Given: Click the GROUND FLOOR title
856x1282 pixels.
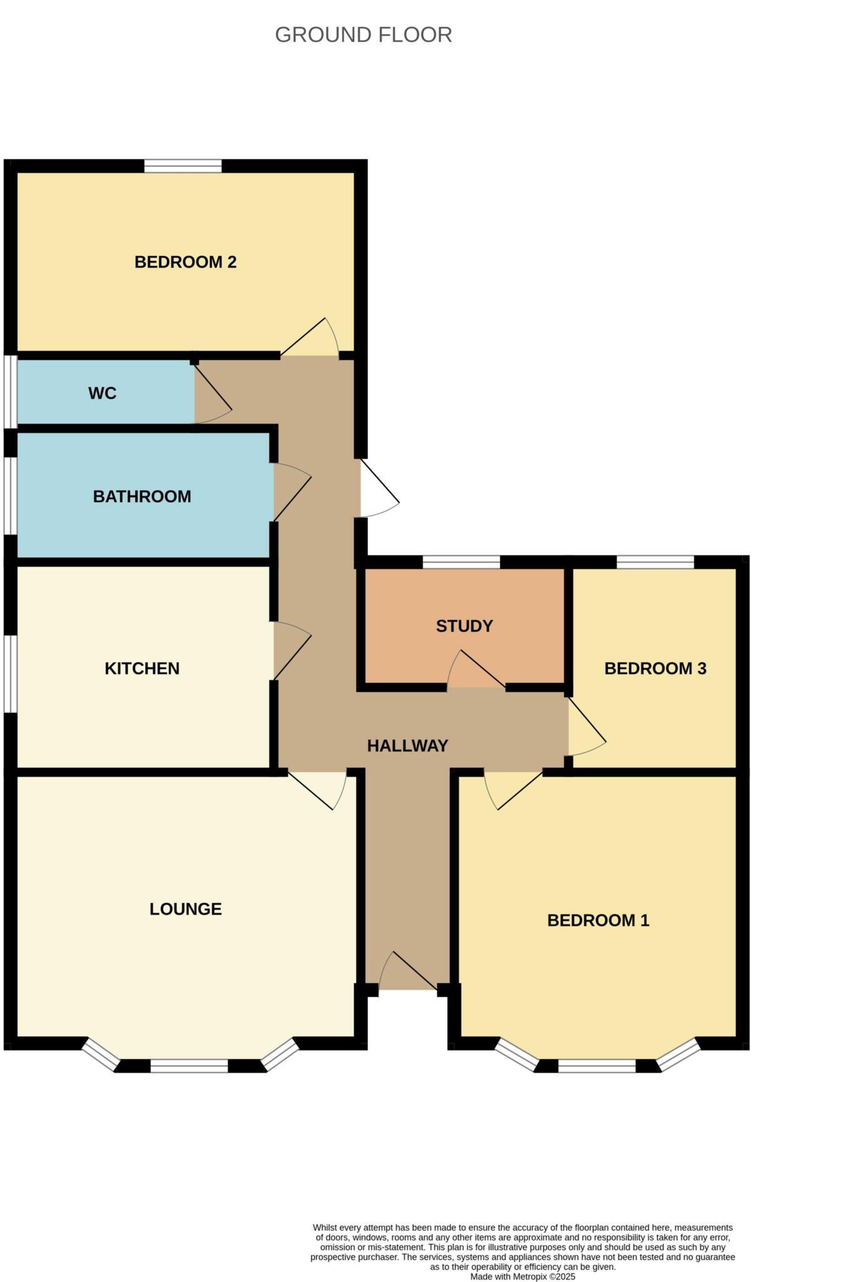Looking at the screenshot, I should pyautogui.click(x=363, y=35).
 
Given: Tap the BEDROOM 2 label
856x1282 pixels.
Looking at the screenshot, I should pyautogui.click(x=185, y=262).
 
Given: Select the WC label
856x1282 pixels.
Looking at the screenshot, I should pyautogui.click(x=103, y=393).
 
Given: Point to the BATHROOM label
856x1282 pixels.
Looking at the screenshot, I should pyautogui.click(x=142, y=496).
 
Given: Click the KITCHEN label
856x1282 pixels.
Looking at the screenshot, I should pyautogui.click(x=142, y=669).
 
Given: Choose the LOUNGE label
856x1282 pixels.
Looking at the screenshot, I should pyautogui.click(x=185, y=909).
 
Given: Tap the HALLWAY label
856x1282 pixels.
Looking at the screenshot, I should pyautogui.click(x=407, y=746).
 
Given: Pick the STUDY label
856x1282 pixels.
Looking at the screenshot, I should pyautogui.click(x=464, y=626).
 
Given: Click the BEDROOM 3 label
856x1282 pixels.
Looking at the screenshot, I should pyautogui.click(x=655, y=669).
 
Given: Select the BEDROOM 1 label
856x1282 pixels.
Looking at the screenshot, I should pyautogui.click(x=598, y=920).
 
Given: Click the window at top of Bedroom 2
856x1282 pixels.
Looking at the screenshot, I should pyautogui.click(x=183, y=166).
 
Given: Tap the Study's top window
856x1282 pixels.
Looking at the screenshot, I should pyautogui.click(x=462, y=562).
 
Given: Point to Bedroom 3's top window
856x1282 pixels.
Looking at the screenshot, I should pyautogui.click(x=655, y=562).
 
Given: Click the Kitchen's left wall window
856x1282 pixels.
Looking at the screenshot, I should pyautogui.click(x=11, y=675).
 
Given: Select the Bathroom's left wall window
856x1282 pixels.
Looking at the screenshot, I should pyautogui.click(x=11, y=496).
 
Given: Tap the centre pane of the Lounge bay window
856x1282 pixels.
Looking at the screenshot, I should pyautogui.click(x=189, y=1065).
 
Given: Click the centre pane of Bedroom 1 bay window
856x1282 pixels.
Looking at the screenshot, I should pyautogui.click(x=597, y=1065).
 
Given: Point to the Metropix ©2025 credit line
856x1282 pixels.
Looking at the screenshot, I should pyautogui.click(x=522, y=1276).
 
